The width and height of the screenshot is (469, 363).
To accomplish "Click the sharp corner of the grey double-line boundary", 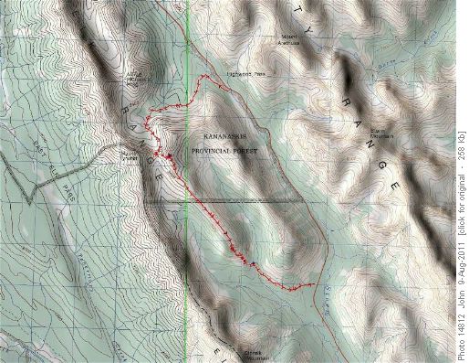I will (34, 199).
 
